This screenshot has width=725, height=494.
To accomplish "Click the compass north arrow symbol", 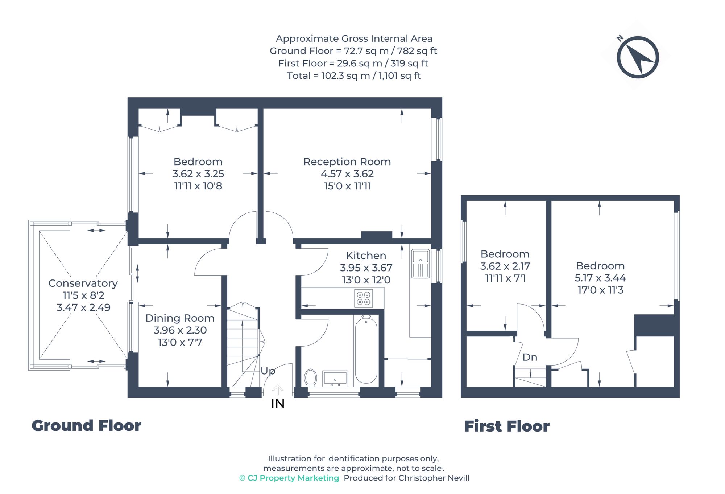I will (638, 57).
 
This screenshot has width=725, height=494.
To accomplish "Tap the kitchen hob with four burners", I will (364, 298).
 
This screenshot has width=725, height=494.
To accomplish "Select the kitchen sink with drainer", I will (420, 264).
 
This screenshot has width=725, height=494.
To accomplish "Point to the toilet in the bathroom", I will (311, 377).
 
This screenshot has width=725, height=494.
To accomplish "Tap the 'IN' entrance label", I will (278, 404).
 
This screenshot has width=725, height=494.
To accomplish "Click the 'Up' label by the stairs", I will (268, 371).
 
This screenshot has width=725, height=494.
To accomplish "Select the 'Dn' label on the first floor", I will (530, 357).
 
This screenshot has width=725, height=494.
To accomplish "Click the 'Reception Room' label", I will (347, 162).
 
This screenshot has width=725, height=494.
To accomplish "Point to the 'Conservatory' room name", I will (83, 283).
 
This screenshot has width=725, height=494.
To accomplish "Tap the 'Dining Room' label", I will (180, 318).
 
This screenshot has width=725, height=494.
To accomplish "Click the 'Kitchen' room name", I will (366, 256).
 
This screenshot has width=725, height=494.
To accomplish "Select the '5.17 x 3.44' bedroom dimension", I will (600, 278).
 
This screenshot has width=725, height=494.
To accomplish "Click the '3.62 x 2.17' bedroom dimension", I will (505, 266).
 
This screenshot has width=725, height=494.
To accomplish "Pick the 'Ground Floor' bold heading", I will (86, 426).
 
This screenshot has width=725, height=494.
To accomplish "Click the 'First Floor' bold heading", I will (507, 426).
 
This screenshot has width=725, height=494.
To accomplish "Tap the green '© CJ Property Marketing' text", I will (289, 478).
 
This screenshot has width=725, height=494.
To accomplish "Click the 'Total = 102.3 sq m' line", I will (353, 76).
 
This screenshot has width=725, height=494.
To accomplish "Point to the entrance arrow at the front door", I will (278, 390).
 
